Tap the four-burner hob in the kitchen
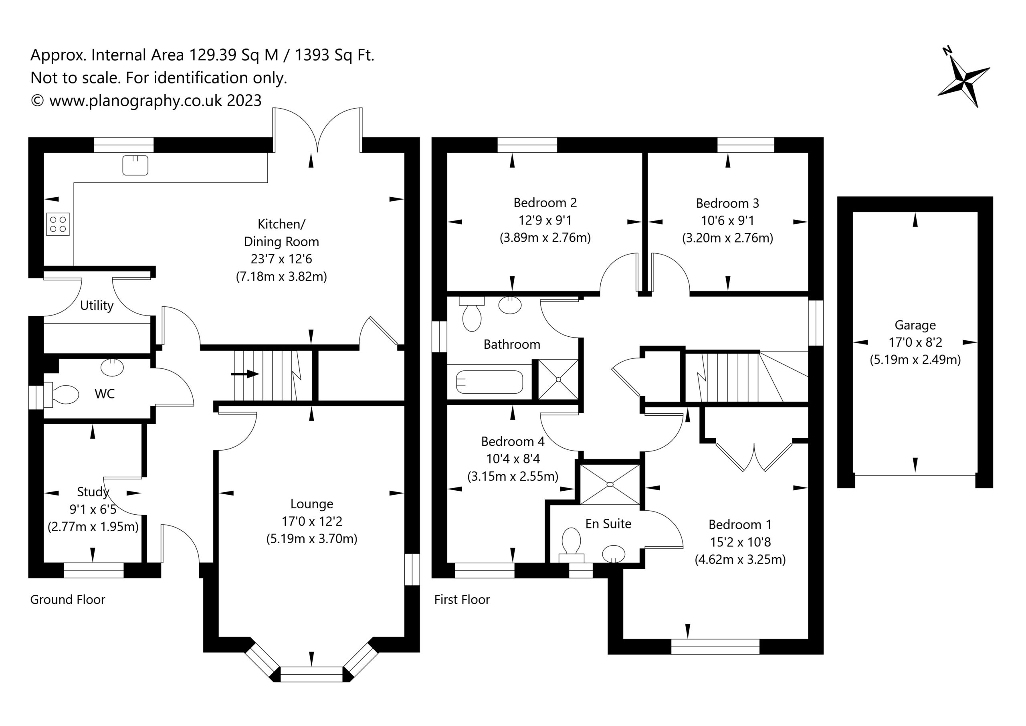[x=58, y=224]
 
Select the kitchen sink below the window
[x=135, y=165]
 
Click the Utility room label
[x=97, y=305]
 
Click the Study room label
[x=93, y=492]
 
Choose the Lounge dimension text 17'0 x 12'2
[x=312, y=521]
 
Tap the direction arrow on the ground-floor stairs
[x=245, y=374]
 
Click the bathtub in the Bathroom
[x=489, y=382]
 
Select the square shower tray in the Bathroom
[x=558, y=380]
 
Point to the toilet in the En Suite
[x=572, y=545]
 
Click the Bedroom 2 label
[x=545, y=203]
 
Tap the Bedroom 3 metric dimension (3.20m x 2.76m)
[x=727, y=238]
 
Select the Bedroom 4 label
[x=513, y=442]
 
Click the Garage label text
[x=915, y=325]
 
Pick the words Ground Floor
[x=67, y=599]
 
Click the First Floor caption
[x=462, y=599]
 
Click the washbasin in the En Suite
[x=614, y=554]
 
